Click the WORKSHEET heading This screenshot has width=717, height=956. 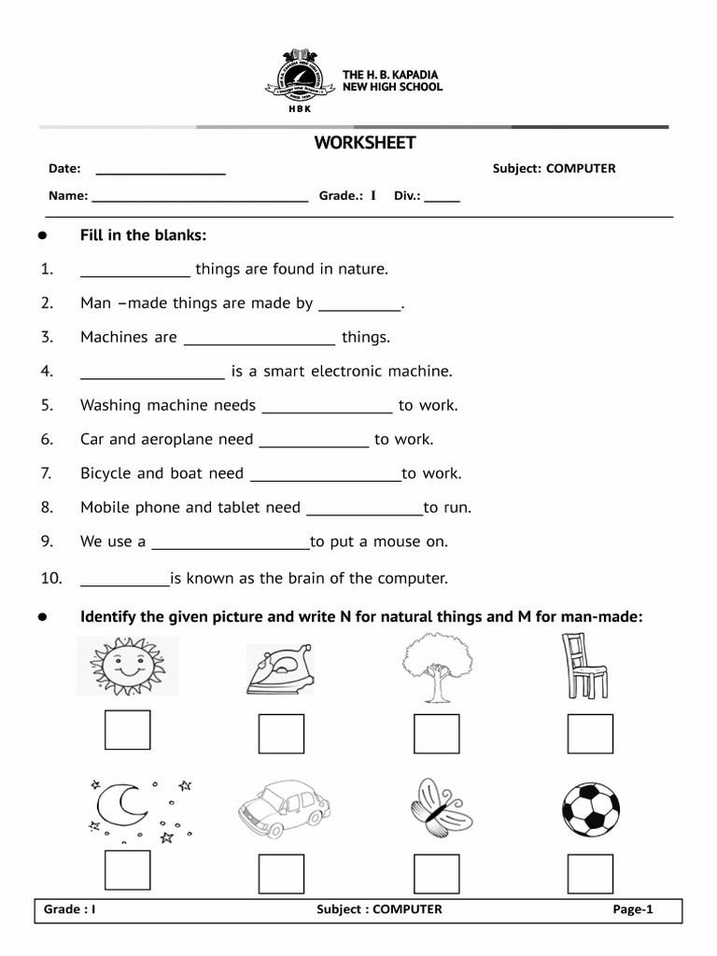pos(364,143)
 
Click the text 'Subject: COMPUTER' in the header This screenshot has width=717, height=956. pos(554,169)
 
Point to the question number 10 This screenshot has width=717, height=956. pos(50,579)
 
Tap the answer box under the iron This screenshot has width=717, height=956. pos(282,734)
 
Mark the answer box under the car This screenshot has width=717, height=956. pos(282,874)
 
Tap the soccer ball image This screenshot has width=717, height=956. pos(590,807)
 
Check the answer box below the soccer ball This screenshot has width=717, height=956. pos(590,874)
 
